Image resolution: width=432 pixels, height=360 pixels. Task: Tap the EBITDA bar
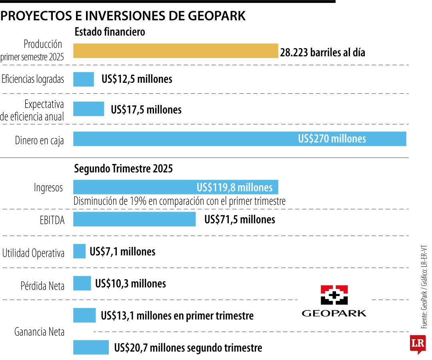pyautogui.click(x=134, y=219)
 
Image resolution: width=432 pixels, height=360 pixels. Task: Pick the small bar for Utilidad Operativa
pyautogui.click(x=79, y=251)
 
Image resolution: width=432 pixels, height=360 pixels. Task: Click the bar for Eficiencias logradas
pyautogui.click(x=83, y=79)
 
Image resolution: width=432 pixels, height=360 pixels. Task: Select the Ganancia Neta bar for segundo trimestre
pyautogui.click(x=90, y=347)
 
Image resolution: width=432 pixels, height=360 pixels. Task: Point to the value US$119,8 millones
pyautogui.click(x=234, y=188)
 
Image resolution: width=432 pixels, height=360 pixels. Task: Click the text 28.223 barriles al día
pyautogui.click(x=322, y=52)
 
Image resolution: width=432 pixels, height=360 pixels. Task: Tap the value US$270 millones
pyautogui.click(x=332, y=139)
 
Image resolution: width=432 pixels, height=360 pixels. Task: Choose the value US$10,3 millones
pyautogui.click(x=130, y=284)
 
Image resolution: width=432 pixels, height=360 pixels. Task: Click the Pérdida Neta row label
pyautogui.click(x=42, y=286)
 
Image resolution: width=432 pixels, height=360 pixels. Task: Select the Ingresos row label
pyautogui.click(x=48, y=188)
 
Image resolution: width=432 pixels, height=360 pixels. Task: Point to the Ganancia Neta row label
pyautogui.click(x=39, y=332)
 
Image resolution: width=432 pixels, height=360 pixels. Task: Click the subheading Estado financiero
pyautogui.click(x=110, y=32)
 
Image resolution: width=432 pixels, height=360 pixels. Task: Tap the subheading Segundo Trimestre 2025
pyautogui.click(x=124, y=169)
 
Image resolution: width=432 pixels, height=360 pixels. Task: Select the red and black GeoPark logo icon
pyautogui.click(x=334, y=295)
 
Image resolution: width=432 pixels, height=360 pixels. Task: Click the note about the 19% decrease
pyautogui.click(x=180, y=201)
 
